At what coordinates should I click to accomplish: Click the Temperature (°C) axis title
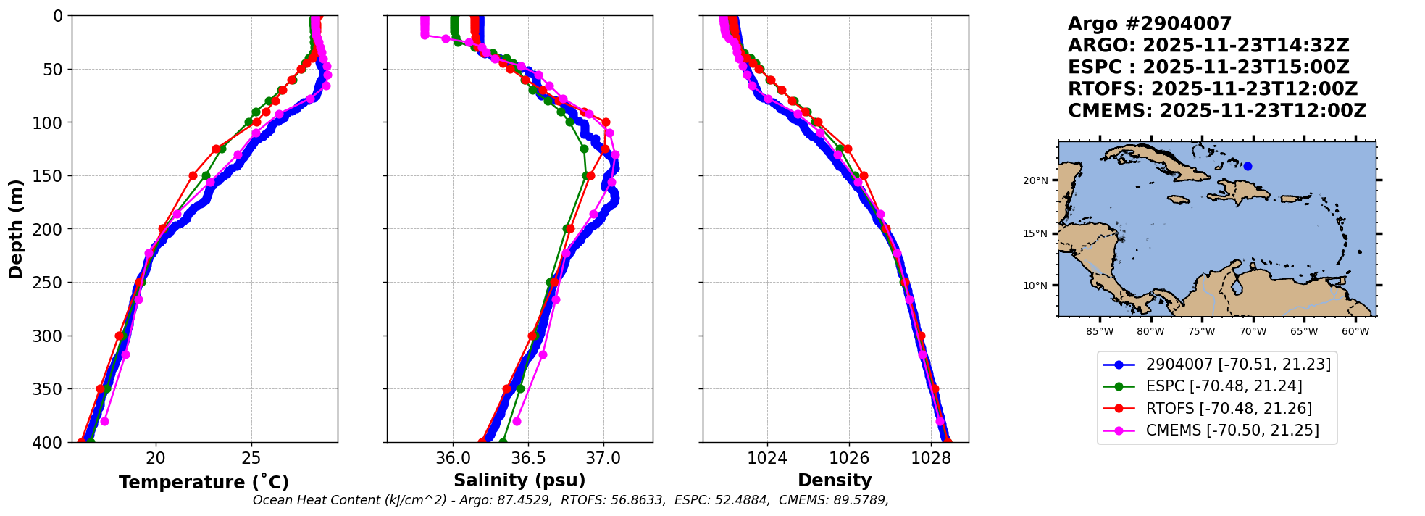204,482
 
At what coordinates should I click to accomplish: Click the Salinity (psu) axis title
519,480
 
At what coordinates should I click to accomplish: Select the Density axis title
835,480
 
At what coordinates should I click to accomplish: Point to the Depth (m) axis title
16,229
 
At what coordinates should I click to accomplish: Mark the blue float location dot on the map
1248,166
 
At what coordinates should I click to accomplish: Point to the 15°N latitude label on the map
1035,233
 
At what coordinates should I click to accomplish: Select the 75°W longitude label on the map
1202,332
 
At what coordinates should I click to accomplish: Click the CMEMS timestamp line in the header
1217,111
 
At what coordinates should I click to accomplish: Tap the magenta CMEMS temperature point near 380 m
104,421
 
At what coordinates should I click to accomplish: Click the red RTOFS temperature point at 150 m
193,175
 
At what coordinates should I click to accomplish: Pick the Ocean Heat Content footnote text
571,500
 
